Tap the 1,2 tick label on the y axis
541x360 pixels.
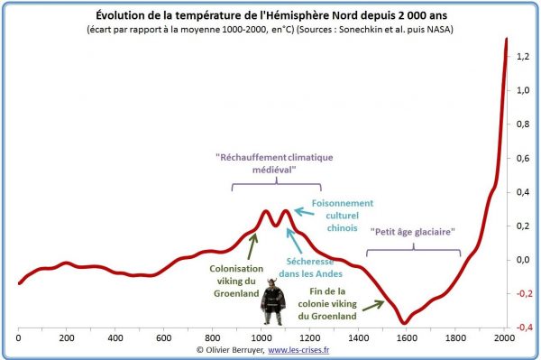[522, 57]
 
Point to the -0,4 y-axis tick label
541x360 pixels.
[521, 328]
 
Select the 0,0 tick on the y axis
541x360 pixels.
[522, 260]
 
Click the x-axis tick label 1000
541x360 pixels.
[261, 337]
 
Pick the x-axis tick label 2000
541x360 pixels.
[503, 337]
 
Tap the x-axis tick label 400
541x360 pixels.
[115, 337]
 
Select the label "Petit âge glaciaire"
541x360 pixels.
[411, 231]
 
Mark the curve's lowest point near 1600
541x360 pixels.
[405, 322]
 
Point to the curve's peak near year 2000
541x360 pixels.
[507, 39]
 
